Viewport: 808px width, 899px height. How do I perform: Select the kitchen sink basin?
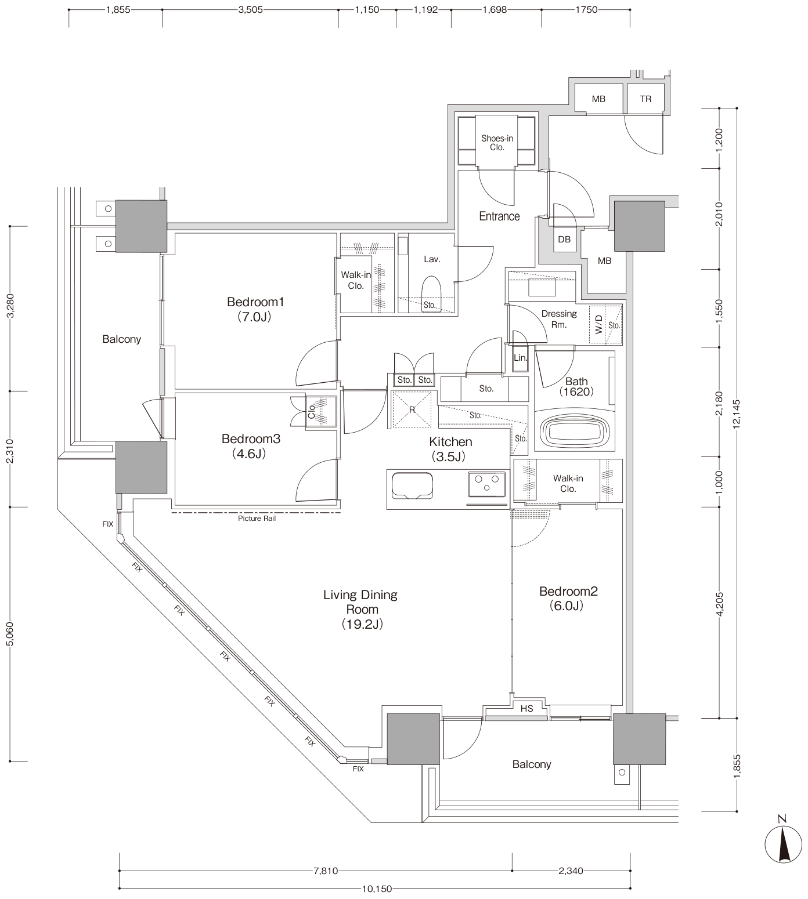click(412, 485)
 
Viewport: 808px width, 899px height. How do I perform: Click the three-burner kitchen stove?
click(486, 484)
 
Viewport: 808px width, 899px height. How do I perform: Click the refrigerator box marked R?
click(412, 409)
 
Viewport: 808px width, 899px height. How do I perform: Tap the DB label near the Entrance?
click(564, 240)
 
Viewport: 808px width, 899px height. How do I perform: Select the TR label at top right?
click(645, 99)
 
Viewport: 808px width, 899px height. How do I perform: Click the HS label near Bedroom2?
click(527, 709)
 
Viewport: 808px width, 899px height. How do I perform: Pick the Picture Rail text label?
click(257, 519)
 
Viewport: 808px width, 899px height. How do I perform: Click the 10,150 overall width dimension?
click(377, 889)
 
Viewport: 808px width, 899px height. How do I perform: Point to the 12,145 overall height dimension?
click(737, 414)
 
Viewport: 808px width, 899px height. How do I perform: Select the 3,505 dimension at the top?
click(251, 10)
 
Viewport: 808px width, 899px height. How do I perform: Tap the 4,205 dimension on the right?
click(720, 604)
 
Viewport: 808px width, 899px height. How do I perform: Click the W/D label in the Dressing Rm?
click(599, 324)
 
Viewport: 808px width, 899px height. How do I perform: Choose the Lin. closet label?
click(520, 357)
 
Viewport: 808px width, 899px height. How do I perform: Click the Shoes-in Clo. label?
click(497, 143)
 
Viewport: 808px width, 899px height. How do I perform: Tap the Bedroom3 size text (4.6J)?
click(249, 454)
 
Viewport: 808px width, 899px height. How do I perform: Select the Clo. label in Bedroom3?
click(312, 411)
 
